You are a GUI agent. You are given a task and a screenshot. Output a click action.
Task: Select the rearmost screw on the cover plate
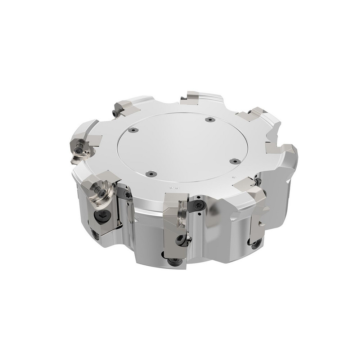[208, 120]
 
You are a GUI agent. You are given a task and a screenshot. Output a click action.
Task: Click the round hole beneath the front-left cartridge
[95, 236]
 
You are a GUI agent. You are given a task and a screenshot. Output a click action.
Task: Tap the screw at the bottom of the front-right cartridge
[255, 245]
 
